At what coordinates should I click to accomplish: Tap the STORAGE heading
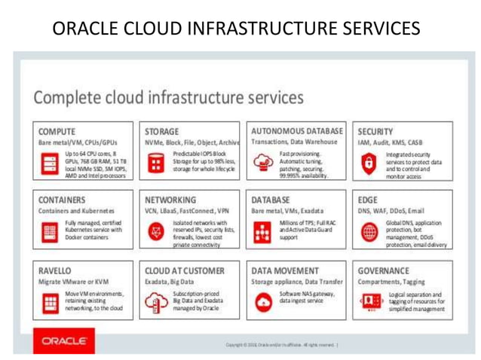coord(164,130)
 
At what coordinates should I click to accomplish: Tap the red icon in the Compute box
coord(48,164)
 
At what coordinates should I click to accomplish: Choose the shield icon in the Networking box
coord(155,233)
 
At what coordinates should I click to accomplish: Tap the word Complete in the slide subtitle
coord(75,97)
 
